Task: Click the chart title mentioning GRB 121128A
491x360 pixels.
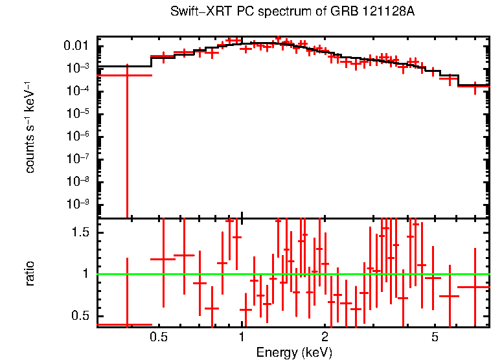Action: pyautogui.click(x=292, y=12)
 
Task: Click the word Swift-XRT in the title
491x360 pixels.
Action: pyautogui.click(x=198, y=12)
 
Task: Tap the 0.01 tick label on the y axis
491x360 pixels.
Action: pyautogui.click(x=76, y=46)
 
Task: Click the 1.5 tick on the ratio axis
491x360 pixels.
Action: pyautogui.click(x=81, y=232)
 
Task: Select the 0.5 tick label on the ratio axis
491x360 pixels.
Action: pyautogui.click(x=81, y=315)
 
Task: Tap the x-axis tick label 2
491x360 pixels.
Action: pyautogui.click(x=325, y=337)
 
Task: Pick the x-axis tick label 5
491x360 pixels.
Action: pyautogui.click(x=435, y=337)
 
